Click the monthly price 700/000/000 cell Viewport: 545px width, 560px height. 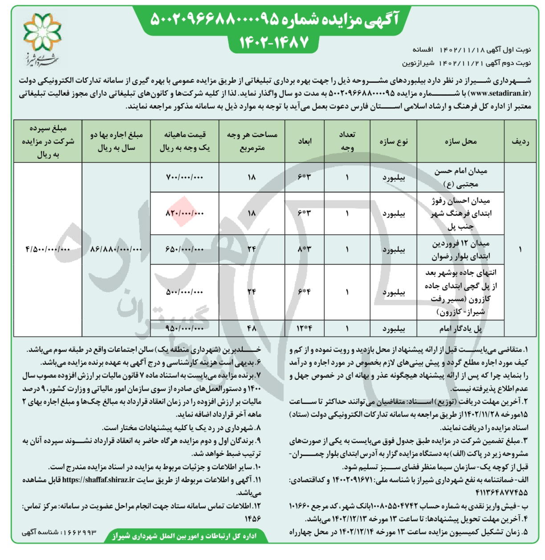pos(184,177)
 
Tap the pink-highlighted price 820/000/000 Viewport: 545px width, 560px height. pos(184,213)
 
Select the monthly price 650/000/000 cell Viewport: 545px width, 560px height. pos(184,250)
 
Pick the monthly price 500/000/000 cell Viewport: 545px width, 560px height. pos(184,292)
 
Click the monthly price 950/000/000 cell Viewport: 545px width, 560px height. pos(184,329)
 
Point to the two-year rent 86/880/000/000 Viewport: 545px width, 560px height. pos(116,250)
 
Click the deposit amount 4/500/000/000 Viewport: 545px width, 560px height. pos(48,250)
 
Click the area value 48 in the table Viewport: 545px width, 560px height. pos(252,329)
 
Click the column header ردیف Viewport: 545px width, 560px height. pos(521,141)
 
